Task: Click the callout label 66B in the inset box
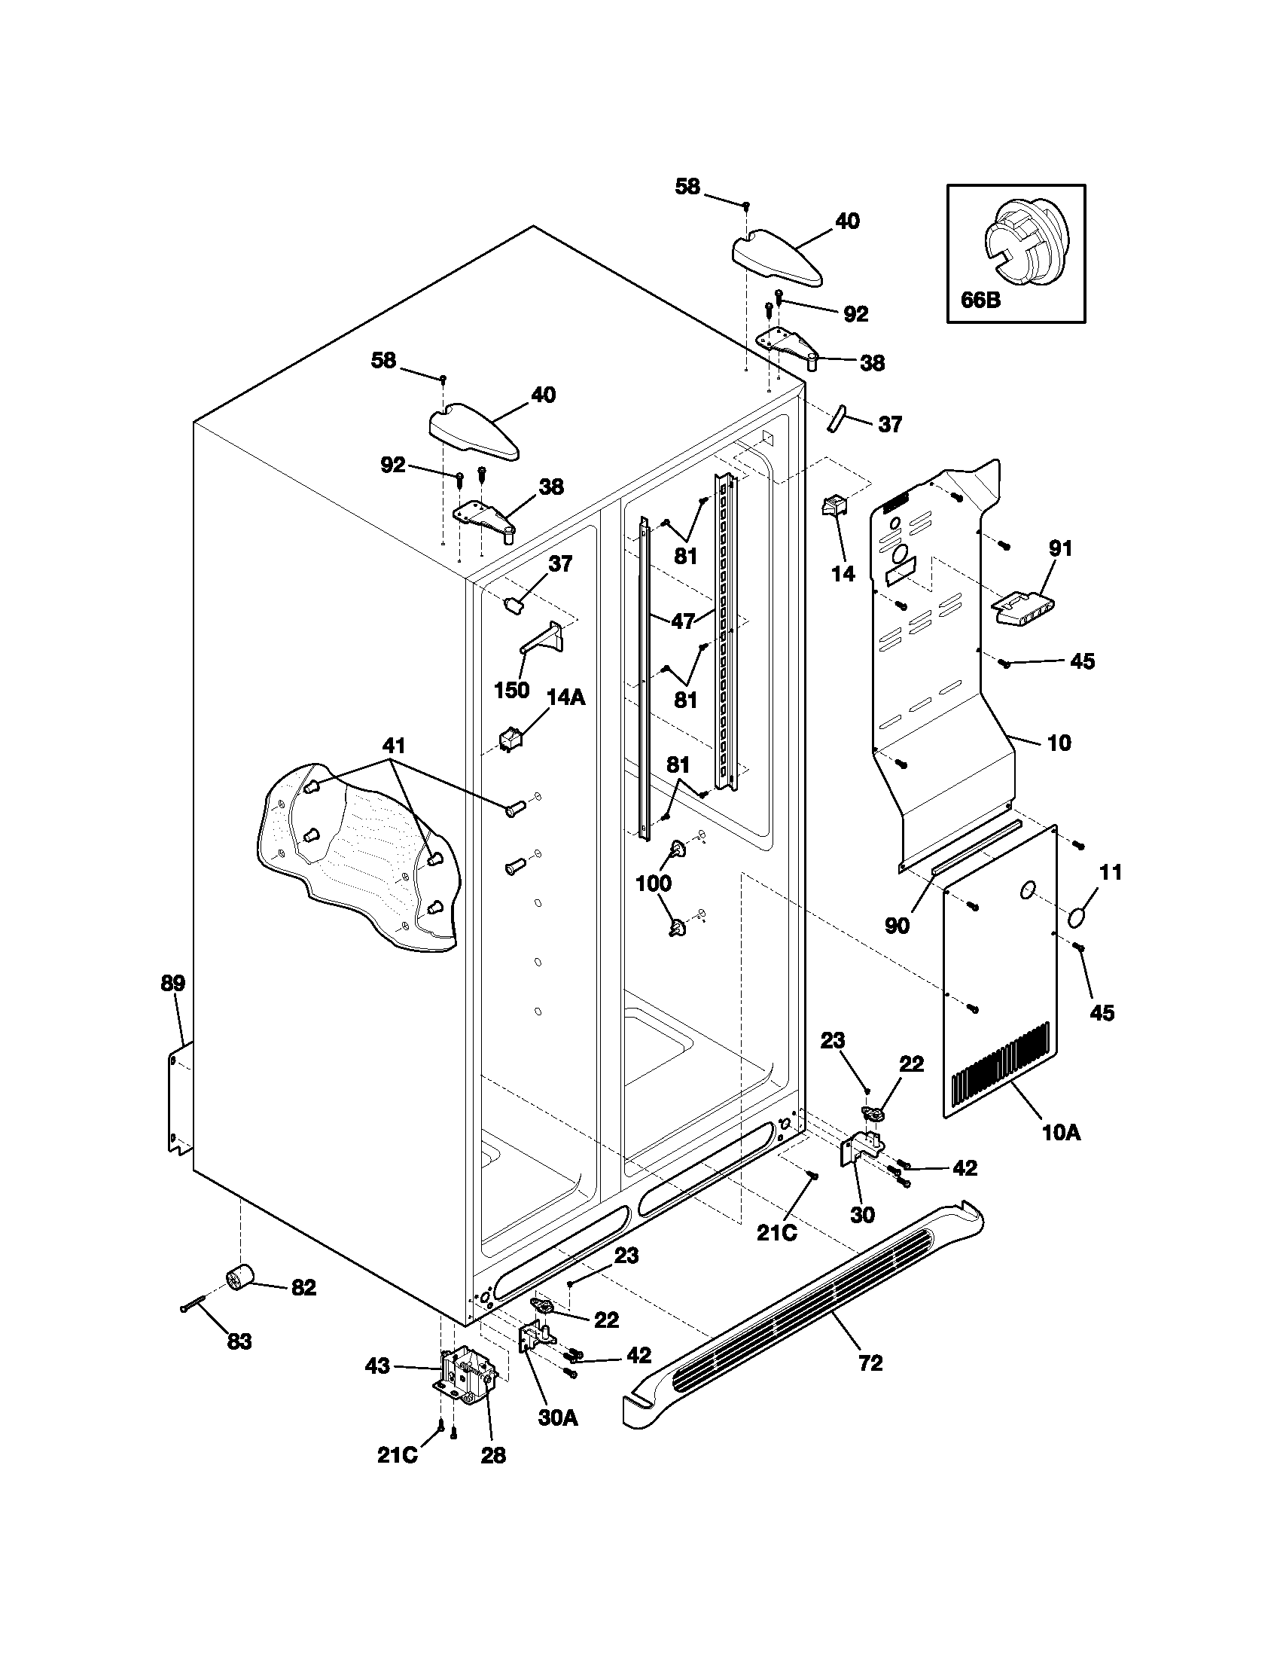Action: coord(980,300)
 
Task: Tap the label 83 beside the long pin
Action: coord(239,1342)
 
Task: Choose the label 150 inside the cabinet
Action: coord(511,691)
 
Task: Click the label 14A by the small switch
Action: coord(565,697)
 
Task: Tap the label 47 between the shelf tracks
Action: coord(682,621)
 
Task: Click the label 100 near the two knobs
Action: coord(653,883)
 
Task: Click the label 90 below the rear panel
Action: coord(896,926)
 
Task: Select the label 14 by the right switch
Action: coord(843,574)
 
